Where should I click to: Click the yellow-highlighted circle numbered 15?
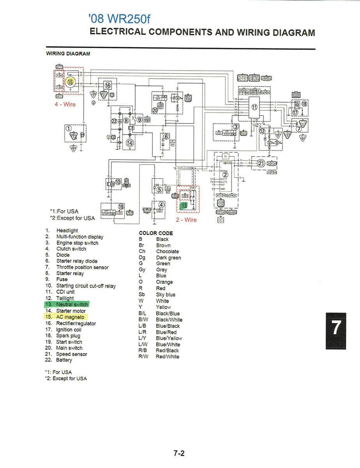[x=70, y=82]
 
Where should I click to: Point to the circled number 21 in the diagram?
[x=261, y=163]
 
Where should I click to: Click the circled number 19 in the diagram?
[x=121, y=207]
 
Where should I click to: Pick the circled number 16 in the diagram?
[x=108, y=85]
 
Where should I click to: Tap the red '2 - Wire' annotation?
[x=187, y=220]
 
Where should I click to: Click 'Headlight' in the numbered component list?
[x=67, y=230]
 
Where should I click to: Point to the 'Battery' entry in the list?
[x=64, y=360]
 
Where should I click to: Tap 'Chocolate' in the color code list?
[x=168, y=252]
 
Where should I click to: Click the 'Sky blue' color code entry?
[x=166, y=294]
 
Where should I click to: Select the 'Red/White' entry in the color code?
[x=168, y=356]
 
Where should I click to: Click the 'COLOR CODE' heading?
[x=156, y=233]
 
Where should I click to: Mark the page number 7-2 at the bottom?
[x=179, y=453]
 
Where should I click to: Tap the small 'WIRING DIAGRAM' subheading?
[x=68, y=53]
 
